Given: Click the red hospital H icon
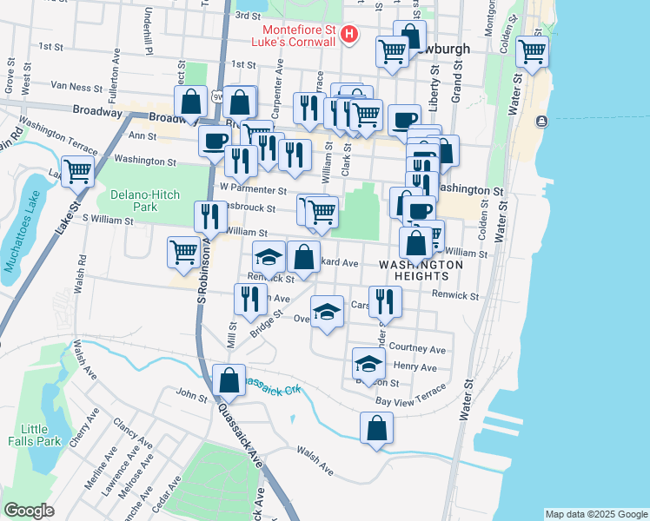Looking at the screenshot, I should [x=348, y=35].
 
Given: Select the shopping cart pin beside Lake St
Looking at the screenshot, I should [x=78, y=170].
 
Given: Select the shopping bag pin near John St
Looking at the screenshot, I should [x=228, y=379].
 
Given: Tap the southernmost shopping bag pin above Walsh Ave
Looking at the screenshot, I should [x=376, y=427].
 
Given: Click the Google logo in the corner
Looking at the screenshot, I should [x=29, y=511].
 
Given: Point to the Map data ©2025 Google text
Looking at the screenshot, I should [x=595, y=514].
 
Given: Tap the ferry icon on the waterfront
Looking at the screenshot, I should [x=542, y=121].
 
